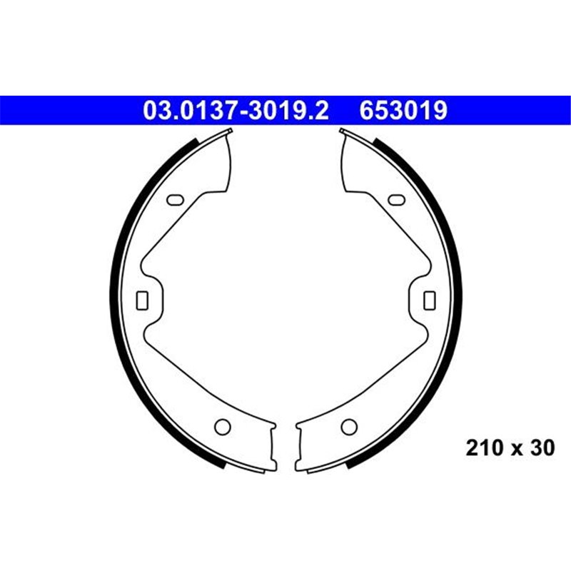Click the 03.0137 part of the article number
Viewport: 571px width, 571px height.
coord(188,111)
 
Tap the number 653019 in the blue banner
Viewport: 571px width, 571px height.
coord(404,111)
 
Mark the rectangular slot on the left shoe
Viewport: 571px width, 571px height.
coord(141,300)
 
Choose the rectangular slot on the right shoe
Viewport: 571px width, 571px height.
coord(430,300)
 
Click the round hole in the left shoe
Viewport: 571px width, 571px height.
coord(222,427)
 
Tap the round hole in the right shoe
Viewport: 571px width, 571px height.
coord(348,427)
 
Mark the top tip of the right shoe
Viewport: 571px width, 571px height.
coord(343,130)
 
